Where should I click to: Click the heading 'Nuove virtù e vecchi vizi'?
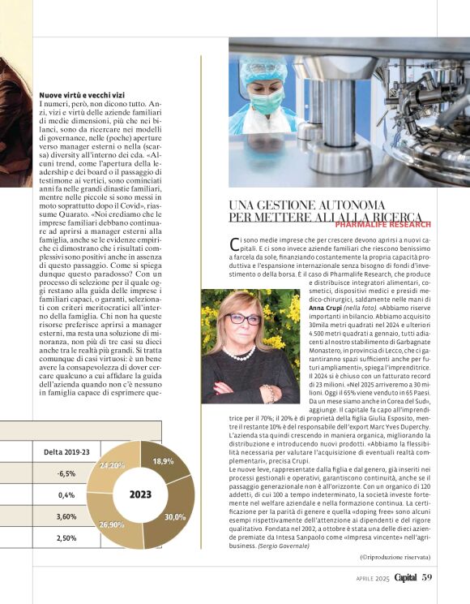pos(83,95)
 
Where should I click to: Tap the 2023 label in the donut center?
pos(139,494)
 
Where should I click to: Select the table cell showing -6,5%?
pos(66,473)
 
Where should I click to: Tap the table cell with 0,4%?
pos(66,494)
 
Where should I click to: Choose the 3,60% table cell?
pos(66,516)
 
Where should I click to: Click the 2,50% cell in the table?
pos(66,537)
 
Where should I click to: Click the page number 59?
pos(428,577)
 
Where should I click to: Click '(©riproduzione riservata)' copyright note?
pos(395,557)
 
